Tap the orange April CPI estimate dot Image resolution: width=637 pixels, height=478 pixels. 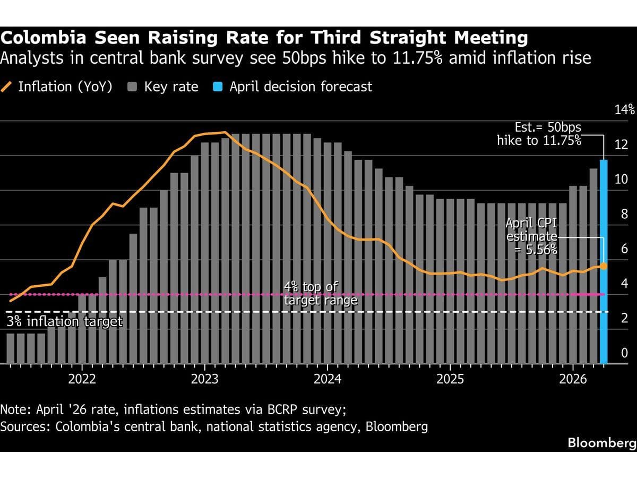[604, 266]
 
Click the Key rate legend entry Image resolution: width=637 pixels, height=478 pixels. [165, 87]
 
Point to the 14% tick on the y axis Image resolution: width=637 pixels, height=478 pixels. [624, 110]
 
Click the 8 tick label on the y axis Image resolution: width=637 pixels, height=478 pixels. [624, 215]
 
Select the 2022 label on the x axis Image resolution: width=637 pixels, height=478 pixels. [82, 379]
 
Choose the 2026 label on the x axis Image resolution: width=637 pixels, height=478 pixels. [573, 379]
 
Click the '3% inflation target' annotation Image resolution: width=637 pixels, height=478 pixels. [64, 321]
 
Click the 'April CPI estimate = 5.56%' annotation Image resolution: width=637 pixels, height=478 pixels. [531, 236]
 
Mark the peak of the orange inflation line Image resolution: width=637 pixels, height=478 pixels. [225, 132]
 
